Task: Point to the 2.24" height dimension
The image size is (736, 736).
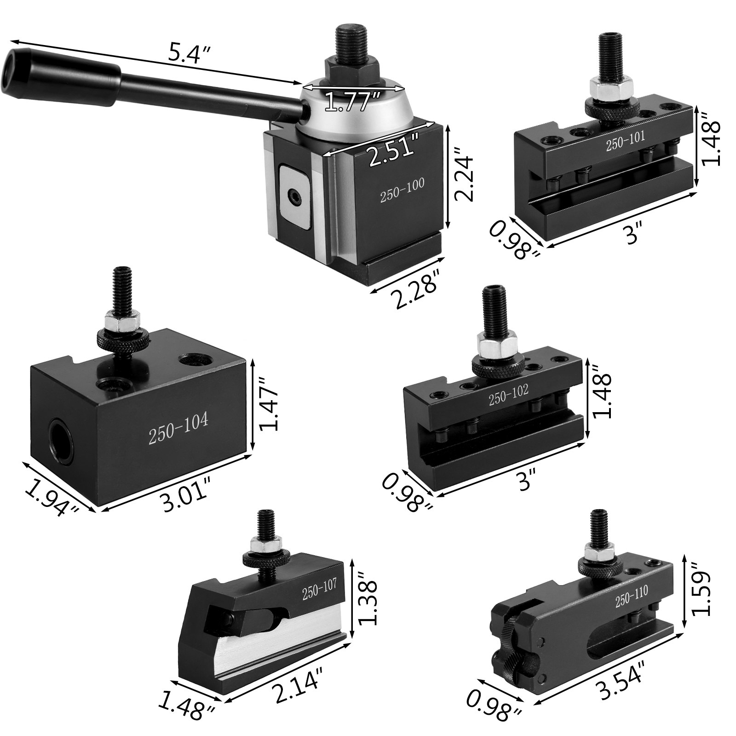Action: click(x=462, y=172)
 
